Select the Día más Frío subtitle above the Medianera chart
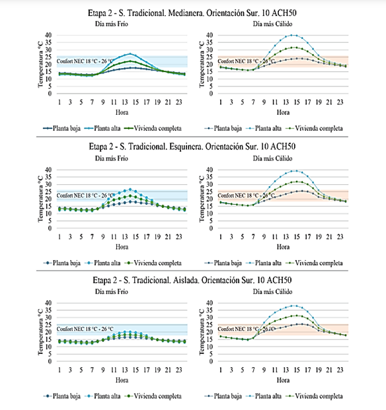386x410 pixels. [112, 24]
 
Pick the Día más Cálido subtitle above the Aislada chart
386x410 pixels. [272, 292]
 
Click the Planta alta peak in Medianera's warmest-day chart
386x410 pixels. [291, 35]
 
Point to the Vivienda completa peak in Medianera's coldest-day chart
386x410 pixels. [130, 61]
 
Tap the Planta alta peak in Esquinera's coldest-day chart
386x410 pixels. [130, 189]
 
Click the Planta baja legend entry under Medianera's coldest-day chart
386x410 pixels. [61, 128]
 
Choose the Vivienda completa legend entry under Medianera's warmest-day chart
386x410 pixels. [314, 128]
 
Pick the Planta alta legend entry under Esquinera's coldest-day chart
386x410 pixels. [102, 263]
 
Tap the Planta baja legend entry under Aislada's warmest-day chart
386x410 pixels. [223, 396]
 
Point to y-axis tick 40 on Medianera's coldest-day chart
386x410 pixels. [48, 35]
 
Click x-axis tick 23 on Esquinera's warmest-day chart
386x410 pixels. [340, 237]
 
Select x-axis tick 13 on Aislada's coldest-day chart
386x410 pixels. [124, 370]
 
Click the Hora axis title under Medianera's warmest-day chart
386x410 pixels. [283, 112]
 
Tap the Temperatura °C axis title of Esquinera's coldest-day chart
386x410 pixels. [40, 199]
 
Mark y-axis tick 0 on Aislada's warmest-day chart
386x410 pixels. [211, 361]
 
